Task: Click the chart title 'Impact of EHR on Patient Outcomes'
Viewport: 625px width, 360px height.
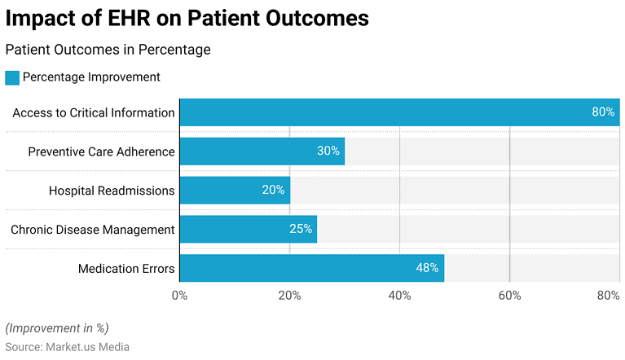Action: [x=187, y=18]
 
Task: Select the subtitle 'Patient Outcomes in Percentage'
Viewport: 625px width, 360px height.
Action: [x=108, y=50]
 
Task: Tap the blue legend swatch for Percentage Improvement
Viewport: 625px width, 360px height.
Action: [x=12, y=77]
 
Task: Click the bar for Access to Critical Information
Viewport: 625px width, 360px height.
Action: [x=399, y=112]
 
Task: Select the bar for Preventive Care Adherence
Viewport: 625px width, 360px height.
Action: [x=262, y=151]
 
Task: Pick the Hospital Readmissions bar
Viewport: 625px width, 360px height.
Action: [x=235, y=190]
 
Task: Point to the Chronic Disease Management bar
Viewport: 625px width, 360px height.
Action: [x=248, y=229]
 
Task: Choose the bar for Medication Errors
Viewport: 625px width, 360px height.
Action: [x=311, y=268]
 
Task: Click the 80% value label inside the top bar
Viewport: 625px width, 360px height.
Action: [x=602, y=112]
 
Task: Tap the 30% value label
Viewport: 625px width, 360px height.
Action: [x=328, y=151]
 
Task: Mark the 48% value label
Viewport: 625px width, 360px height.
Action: [x=428, y=268]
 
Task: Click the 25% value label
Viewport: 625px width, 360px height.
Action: [x=301, y=229]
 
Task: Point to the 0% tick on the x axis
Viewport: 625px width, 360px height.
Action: [x=180, y=296]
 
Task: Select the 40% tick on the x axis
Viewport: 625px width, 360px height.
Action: [x=399, y=296]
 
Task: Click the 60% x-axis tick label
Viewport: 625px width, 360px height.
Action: [x=509, y=296]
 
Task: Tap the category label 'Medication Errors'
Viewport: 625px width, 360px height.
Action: [x=126, y=268]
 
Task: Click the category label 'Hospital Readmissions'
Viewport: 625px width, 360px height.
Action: [x=112, y=190]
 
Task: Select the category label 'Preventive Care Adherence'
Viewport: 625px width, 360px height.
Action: [x=101, y=151]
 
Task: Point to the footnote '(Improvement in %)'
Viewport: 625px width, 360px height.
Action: [x=57, y=328]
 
